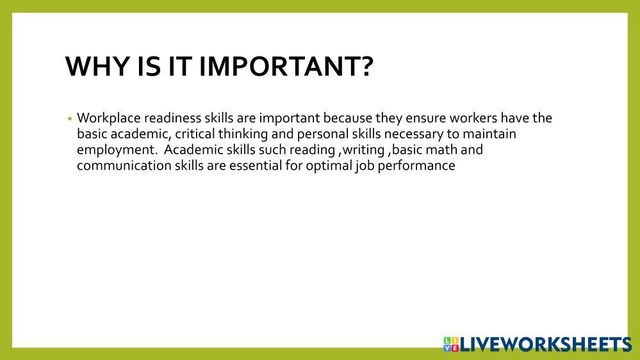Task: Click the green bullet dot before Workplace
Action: [70, 119]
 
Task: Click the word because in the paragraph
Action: [347, 118]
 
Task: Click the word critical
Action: [195, 133]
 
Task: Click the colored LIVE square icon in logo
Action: [451, 345]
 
